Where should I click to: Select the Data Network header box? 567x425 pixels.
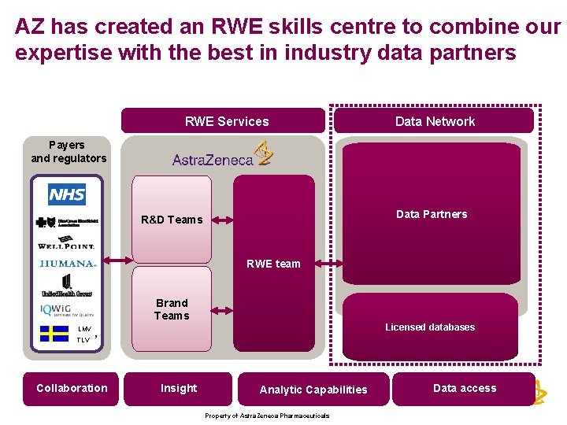(x=434, y=121)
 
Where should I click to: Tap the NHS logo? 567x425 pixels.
(x=67, y=194)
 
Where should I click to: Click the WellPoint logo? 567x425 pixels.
(x=67, y=244)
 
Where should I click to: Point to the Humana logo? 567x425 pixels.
(x=68, y=264)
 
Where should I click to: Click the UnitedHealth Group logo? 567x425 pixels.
(x=67, y=285)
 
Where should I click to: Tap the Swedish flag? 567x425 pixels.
(x=54, y=333)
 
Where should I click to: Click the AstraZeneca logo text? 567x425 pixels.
(x=213, y=159)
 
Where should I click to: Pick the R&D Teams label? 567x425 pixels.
(x=172, y=220)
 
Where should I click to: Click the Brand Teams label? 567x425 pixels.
(x=172, y=309)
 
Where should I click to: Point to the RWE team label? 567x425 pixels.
(x=273, y=264)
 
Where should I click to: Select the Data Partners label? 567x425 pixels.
(x=432, y=214)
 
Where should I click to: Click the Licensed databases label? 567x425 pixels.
(x=430, y=327)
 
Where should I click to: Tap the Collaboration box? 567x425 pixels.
(x=71, y=388)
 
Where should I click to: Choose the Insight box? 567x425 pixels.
(x=179, y=388)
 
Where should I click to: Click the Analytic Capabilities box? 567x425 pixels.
(x=313, y=390)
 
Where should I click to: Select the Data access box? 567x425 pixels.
(x=465, y=388)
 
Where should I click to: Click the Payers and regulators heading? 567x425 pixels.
(x=68, y=151)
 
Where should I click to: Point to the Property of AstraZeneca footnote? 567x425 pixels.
(x=267, y=416)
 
